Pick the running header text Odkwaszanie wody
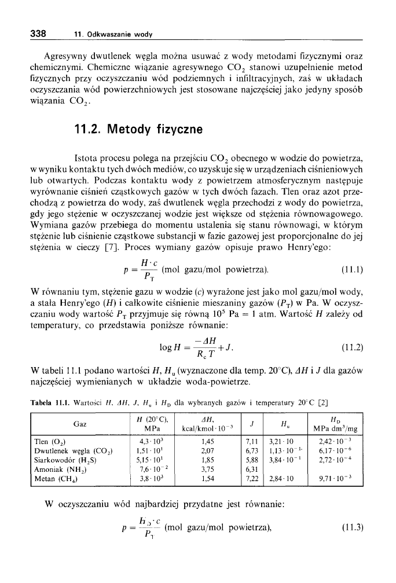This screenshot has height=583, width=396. pos(113,35)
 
